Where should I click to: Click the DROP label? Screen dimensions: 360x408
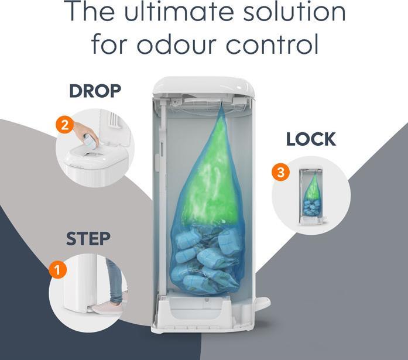pyautogui.click(x=95, y=91)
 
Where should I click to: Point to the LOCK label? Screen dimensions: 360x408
pyautogui.click(x=311, y=139)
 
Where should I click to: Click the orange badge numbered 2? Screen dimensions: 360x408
pyautogui.click(x=66, y=125)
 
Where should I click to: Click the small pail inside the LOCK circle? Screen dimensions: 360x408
pyautogui.click(x=311, y=197)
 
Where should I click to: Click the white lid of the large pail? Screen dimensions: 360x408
pyautogui.click(x=203, y=87)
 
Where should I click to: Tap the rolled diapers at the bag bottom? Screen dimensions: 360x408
pyautogui.click(x=205, y=263)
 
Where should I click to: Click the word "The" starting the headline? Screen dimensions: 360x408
pyautogui.click(x=88, y=13)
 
